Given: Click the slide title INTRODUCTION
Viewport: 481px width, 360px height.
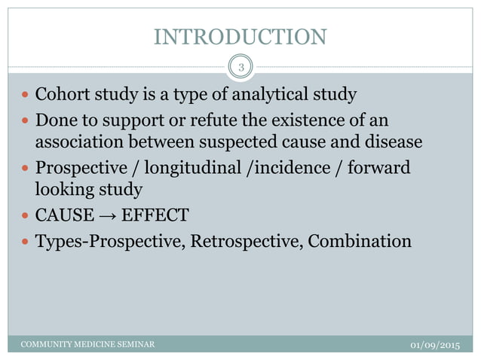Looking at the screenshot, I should point(240,36).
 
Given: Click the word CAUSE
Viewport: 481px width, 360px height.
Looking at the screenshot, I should point(65,215).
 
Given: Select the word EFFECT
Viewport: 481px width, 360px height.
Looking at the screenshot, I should point(155,215).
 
